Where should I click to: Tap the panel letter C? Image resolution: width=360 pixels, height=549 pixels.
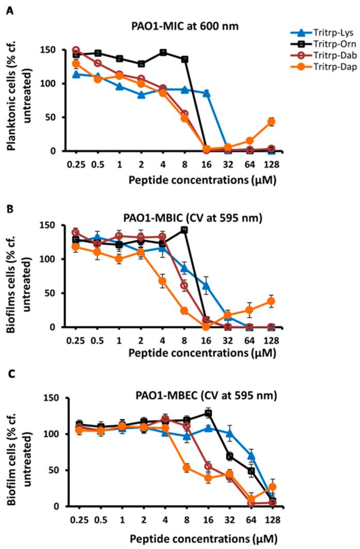[x=8, y=383]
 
